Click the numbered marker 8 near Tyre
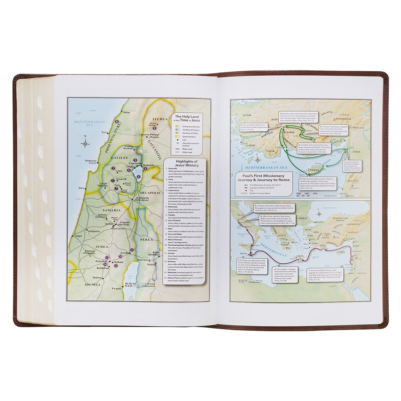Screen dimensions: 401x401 [117, 122]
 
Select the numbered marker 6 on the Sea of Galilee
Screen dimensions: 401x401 [138, 177]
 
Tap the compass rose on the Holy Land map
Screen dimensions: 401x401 [86, 143]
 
